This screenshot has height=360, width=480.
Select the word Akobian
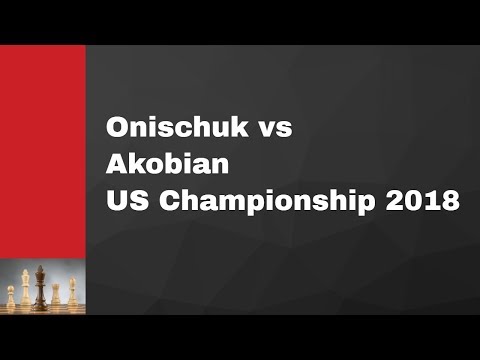pos(155,164)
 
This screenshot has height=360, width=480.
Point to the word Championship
pos(261,199)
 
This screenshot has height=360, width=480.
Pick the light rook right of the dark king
pos(56,295)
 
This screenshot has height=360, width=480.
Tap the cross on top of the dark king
pos(40,268)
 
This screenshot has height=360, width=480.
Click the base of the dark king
pos(40,307)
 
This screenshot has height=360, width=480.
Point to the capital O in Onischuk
pos(118,130)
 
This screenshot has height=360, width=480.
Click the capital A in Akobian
pos(117,164)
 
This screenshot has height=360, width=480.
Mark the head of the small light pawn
pos(12,288)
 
